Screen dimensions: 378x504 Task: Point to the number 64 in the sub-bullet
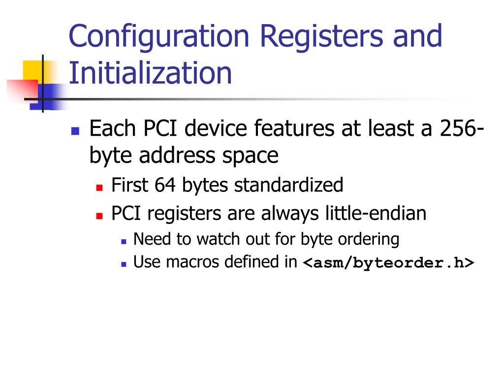pos(166,186)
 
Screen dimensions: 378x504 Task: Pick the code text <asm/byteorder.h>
pos(388,263)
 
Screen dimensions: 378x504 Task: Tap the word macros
pos(193,262)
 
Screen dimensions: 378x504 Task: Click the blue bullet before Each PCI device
pos(75,131)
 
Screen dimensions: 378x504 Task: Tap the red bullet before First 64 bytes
pos(99,188)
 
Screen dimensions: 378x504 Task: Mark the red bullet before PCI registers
pos(99,216)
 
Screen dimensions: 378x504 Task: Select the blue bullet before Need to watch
pos(124,241)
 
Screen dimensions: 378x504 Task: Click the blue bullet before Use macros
pos(124,264)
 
